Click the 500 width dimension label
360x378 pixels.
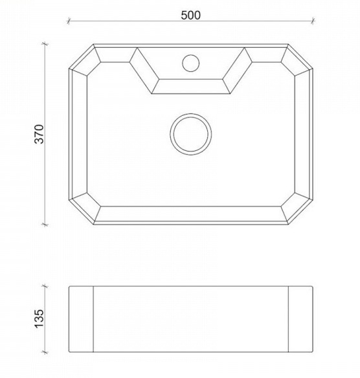point(190,15)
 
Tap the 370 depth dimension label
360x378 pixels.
point(39,134)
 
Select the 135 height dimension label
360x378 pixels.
point(39,318)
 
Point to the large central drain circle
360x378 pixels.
point(191,113)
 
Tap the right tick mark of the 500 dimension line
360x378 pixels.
point(313,21)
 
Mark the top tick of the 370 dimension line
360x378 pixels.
point(45,44)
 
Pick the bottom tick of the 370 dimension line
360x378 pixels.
point(45,225)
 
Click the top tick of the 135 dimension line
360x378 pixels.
point(45,286)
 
